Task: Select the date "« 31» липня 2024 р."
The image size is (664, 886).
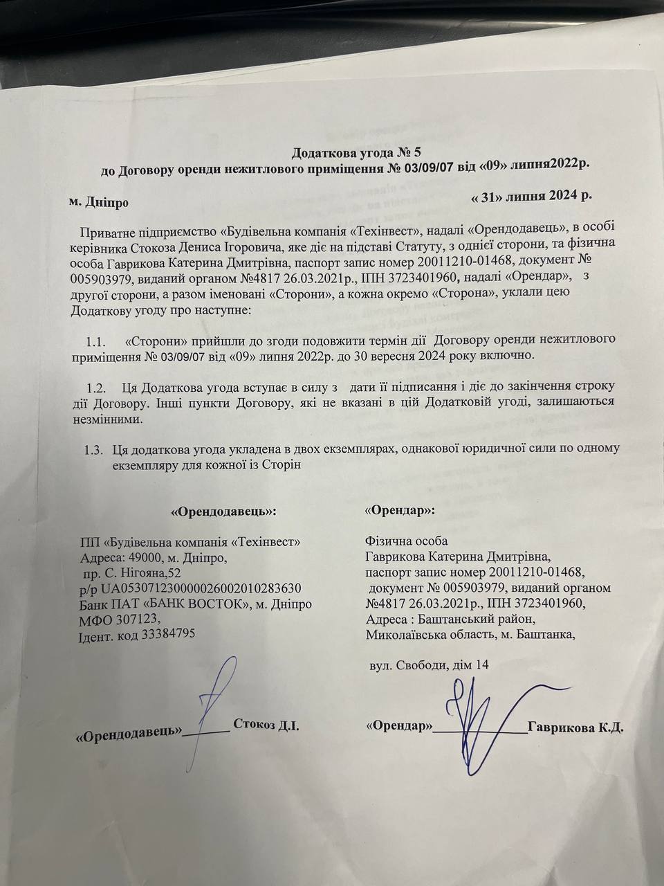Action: pos(531,196)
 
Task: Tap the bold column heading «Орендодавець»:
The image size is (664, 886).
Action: pos(223,512)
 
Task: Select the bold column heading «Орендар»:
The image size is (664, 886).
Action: pos(400,510)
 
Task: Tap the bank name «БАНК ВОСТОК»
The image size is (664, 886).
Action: pos(201,604)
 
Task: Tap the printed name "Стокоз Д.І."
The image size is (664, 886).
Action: pos(266,725)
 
